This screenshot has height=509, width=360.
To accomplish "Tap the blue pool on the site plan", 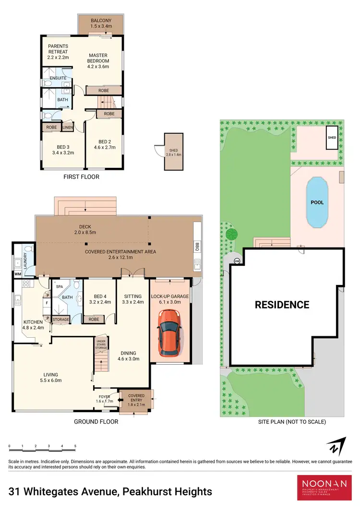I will click(317, 202).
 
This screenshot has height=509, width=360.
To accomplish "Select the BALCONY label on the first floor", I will click(101, 23).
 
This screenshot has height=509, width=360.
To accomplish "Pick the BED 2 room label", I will click(104, 144).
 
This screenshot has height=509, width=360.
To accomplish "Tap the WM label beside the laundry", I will click(17, 274).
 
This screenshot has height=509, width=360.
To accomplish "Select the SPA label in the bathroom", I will click(60, 286).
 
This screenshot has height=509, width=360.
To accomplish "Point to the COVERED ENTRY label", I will click(136, 399).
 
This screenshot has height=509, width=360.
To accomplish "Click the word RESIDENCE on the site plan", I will click(282, 305).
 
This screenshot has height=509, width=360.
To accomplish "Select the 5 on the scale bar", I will click(75, 447).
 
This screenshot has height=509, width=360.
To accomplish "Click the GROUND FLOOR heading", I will click(96, 422).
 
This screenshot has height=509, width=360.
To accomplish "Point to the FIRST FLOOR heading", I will click(81, 177).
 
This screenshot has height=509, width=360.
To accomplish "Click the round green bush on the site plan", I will click(232, 235).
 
